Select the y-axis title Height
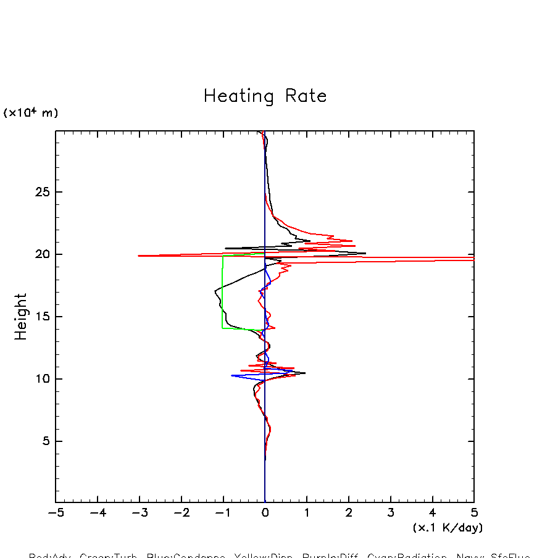point(21,317)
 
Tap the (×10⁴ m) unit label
point(31,113)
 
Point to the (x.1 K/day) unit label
point(448,528)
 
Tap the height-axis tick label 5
point(44,441)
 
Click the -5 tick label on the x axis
point(56,513)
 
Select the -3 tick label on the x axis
point(139,513)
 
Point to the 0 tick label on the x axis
point(265,513)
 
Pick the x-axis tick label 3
point(391,513)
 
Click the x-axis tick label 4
point(432,513)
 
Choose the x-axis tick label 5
point(474,513)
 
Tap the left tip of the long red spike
point(139,256)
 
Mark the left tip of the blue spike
point(232,375)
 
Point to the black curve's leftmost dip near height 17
point(215,291)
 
